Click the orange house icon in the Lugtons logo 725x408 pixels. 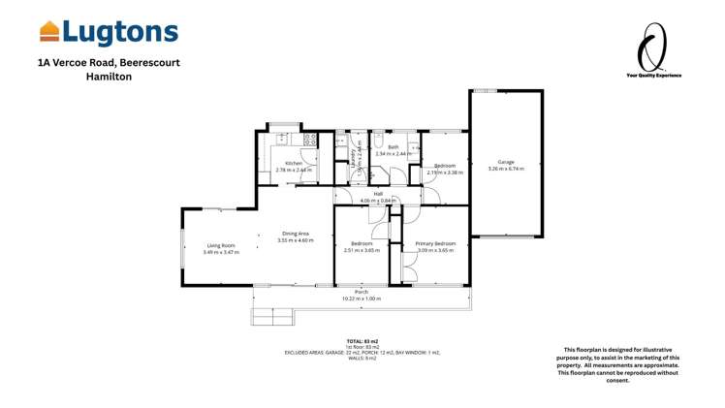[x=49, y=32]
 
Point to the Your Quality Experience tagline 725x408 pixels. [x=653, y=75]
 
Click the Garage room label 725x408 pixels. [x=506, y=162]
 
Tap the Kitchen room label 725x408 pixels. [x=294, y=163]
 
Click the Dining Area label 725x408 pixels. [x=296, y=233]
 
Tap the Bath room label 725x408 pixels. [x=394, y=146]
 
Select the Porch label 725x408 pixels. [x=361, y=292]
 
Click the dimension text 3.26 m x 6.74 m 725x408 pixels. [x=506, y=169]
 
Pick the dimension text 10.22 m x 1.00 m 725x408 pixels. [x=361, y=298]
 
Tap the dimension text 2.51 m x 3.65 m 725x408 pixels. [x=362, y=250]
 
